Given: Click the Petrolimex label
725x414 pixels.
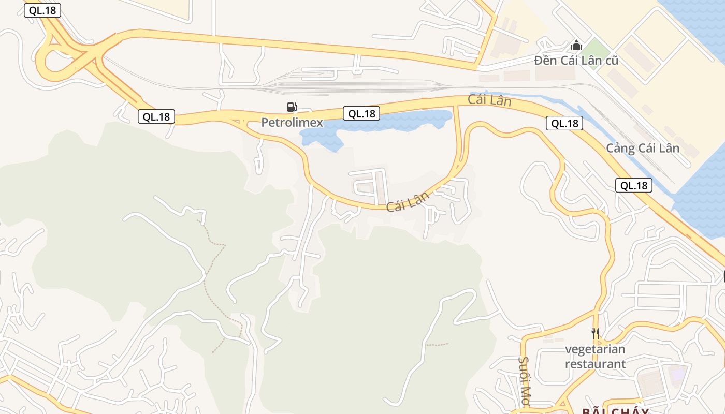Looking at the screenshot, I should [x=292, y=123].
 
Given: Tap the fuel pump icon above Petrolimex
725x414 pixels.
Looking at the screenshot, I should [x=292, y=107].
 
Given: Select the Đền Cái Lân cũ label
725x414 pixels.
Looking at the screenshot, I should [x=576, y=61].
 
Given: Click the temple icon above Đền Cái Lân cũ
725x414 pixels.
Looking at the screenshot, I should [x=576, y=46].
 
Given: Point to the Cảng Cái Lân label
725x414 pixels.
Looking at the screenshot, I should [x=643, y=149].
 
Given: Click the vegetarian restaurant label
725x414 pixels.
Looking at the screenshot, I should [x=595, y=357].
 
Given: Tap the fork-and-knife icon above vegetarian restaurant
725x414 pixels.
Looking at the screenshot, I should [x=596, y=334].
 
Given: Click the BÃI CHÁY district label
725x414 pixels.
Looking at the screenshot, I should [x=615, y=411].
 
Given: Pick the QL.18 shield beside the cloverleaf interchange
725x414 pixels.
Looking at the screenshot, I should [x=42, y=10].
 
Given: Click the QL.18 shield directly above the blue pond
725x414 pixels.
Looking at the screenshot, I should [x=361, y=113].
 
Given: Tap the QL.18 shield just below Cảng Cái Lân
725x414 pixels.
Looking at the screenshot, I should [x=634, y=186].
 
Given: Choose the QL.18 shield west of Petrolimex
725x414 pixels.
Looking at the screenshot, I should [x=156, y=117].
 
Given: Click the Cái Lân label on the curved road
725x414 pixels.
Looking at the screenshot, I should [x=408, y=201].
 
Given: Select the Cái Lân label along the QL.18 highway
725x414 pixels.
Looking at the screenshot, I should [x=489, y=99].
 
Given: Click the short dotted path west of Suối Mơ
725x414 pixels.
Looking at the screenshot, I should [x=437, y=344].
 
